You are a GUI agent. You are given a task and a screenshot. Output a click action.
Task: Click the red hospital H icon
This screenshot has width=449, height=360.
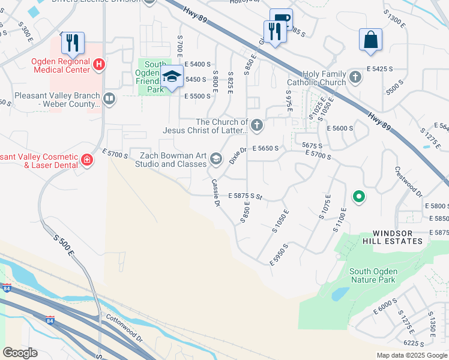100,63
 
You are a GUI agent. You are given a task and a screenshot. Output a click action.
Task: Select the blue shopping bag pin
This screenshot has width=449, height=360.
370,40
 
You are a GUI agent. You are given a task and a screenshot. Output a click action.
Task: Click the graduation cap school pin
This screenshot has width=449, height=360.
172,77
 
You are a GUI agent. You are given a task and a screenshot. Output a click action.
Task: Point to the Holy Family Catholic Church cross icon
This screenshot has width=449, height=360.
355,77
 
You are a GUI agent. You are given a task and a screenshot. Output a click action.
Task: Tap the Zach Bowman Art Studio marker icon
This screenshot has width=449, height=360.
215,159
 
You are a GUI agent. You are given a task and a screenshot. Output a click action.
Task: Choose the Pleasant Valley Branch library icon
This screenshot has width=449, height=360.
109,98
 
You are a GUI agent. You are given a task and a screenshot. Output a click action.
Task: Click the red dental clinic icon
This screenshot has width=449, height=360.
87,160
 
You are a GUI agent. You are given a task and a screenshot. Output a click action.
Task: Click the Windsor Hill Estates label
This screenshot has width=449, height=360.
397,237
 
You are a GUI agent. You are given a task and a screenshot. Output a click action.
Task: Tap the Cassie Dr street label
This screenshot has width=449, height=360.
215,193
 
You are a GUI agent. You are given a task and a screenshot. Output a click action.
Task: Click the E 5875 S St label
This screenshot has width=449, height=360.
246,196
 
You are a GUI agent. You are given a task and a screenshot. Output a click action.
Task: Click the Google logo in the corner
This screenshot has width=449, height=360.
20,353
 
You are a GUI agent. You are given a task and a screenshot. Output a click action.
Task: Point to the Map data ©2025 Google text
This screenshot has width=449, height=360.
411,355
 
